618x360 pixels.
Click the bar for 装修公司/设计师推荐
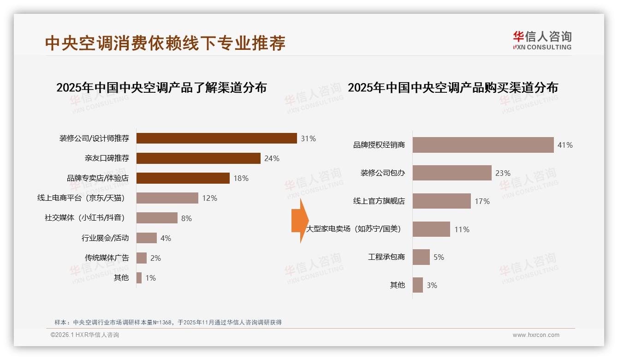[216, 138]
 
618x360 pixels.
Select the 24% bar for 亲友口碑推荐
[198, 158]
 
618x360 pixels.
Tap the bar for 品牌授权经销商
[483, 145]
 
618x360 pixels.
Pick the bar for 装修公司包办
[452, 173]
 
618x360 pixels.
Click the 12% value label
[209, 198]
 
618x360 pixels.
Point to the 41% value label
[565, 145]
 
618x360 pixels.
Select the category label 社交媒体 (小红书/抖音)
[84, 218]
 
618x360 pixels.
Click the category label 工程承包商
[386, 257]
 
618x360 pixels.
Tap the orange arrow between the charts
[299, 221]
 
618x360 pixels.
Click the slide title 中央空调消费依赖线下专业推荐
[165, 43]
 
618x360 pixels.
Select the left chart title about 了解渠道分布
[161, 88]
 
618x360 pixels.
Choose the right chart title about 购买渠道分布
[452, 88]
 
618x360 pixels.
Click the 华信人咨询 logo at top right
[542, 41]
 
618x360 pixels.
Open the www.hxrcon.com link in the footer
[536, 335]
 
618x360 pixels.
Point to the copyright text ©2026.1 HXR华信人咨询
[85, 335]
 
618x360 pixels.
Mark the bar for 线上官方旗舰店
[441, 201]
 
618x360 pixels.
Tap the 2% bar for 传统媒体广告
[142, 258]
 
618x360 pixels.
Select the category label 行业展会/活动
[105, 238]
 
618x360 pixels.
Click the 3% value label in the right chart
[432, 285]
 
